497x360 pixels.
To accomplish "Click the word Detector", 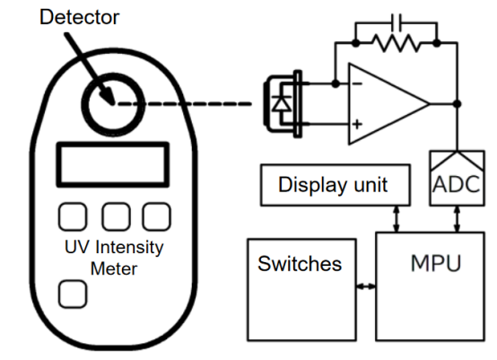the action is point(79,17).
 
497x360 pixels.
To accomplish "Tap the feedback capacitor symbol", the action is point(397,22).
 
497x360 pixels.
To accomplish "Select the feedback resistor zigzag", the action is point(397,43).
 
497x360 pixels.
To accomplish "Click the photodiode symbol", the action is point(282,104).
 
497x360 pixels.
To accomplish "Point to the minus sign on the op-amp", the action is point(357,83).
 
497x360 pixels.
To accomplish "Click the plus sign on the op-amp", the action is point(357,124).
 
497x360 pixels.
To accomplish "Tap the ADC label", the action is point(457,184).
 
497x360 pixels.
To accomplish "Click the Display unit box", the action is point(336,185).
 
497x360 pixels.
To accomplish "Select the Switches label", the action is point(300,264).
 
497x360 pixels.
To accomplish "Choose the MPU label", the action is point(436,263).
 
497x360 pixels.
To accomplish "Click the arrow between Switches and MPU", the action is point(366,286).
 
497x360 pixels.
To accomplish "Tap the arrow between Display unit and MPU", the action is point(397,219).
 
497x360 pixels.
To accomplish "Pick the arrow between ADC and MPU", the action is point(457,219).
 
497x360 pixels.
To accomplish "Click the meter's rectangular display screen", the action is point(113,164).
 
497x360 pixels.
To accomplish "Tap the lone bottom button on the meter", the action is point(73,294).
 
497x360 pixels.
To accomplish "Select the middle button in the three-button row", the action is point(116,216).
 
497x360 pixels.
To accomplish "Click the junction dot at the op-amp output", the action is point(457,104).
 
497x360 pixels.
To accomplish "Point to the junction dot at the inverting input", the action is point(336,83).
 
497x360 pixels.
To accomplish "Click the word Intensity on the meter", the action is point(129,248).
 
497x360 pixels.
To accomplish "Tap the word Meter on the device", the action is point(114,269).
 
